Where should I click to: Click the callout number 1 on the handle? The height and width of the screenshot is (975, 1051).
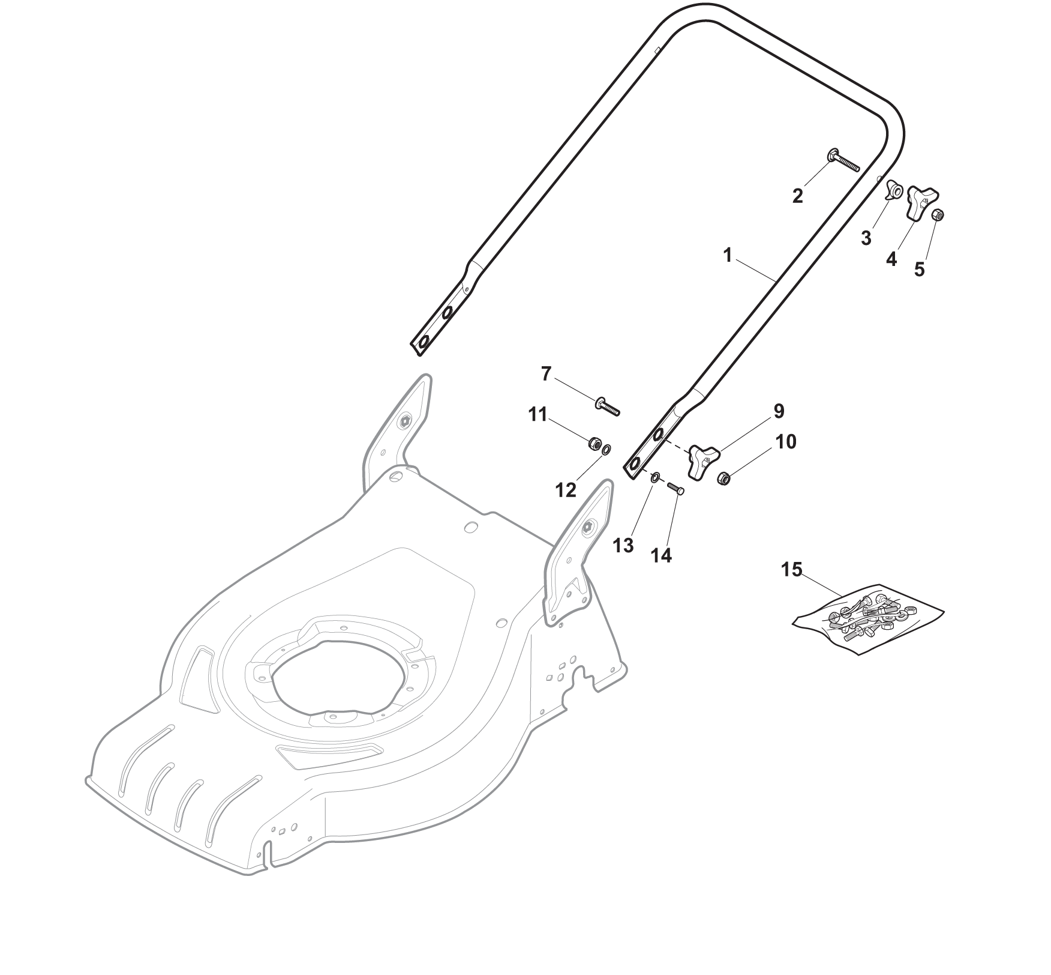[728, 256]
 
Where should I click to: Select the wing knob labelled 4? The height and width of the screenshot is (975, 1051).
[923, 202]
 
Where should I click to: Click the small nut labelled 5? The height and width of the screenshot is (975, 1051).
[939, 214]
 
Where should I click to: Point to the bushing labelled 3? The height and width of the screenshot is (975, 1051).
[894, 192]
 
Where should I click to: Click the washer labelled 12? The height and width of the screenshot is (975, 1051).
[606, 449]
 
